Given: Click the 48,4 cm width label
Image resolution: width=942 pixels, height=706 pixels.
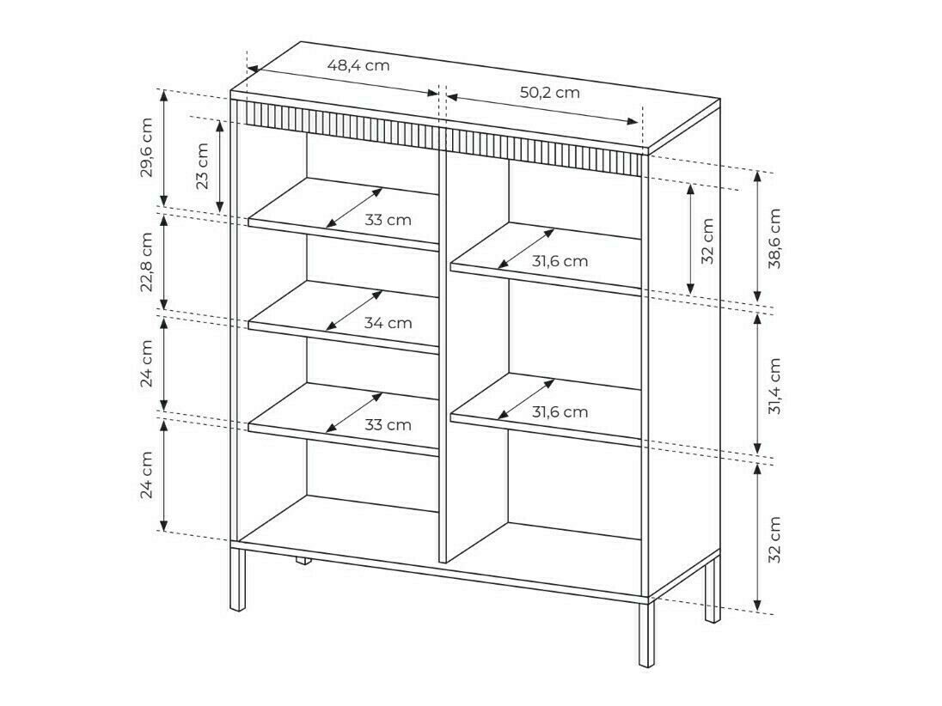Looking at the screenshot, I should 358,65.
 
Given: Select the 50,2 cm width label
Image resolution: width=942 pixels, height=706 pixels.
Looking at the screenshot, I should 549,93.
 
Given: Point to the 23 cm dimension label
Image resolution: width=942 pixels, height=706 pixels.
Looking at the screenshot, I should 202,165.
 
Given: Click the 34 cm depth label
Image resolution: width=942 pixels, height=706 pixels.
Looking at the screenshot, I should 388,323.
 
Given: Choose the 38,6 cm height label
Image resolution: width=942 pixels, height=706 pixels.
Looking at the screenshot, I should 775,238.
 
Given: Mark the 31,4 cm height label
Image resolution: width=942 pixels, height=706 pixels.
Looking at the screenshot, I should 775,386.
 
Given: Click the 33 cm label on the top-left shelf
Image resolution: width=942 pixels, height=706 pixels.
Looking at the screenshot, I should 388,220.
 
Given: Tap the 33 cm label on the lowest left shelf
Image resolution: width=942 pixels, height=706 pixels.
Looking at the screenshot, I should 388,424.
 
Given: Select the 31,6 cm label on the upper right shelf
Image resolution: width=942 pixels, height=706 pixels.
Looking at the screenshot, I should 560,261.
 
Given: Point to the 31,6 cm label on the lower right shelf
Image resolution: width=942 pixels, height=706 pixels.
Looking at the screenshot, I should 560,411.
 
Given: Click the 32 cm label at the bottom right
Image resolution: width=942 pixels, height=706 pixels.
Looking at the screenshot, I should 775,539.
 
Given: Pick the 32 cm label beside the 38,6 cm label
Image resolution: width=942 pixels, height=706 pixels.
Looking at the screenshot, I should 707,240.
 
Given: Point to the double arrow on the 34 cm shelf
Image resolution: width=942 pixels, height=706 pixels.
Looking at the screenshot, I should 355,309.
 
